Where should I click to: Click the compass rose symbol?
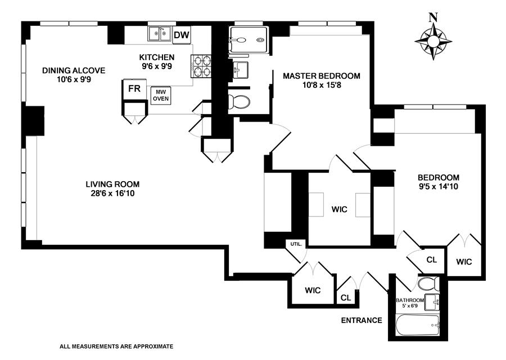pyautogui.click(x=433, y=41)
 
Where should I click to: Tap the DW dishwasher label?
pyautogui.click(x=181, y=35)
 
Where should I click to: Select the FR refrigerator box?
pyautogui.click(x=134, y=89)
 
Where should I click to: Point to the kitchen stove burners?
pyautogui.click(x=202, y=67)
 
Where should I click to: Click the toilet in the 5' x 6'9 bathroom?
pyautogui.click(x=426, y=282)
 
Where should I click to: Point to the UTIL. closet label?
pyautogui.click(x=295, y=244)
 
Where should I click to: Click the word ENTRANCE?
pyautogui.click(x=362, y=321)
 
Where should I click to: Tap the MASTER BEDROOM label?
pyautogui.click(x=321, y=75)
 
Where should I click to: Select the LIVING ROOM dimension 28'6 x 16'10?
pyautogui.click(x=112, y=193)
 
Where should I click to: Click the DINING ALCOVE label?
pyautogui.click(x=74, y=70)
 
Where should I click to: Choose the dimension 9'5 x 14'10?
pyautogui.click(x=439, y=186)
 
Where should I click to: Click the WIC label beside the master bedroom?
pyautogui.click(x=340, y=209)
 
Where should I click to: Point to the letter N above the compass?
pyautogui.click(x=433, y=17)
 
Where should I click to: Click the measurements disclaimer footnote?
pyautogui.click(x=116, y=346)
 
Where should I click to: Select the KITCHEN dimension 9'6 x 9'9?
pyautogui.click(x=157, y=66)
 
